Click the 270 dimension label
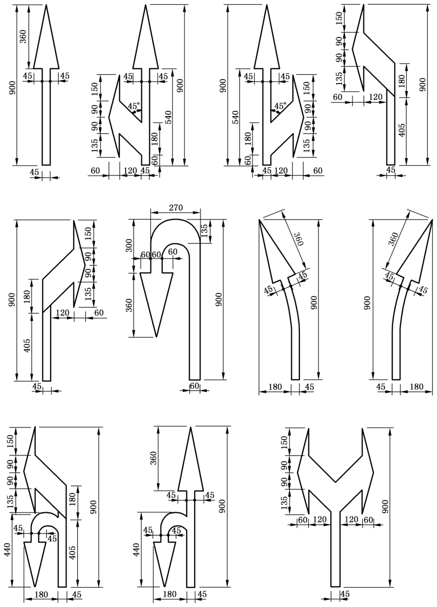pos(176,208)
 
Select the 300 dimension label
pos(130,245)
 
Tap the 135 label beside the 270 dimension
pos(204,230)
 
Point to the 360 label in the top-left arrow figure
pos(23,36)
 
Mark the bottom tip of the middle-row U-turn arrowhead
pos(157,337)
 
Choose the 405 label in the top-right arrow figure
pos(402,130)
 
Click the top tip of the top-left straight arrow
pos(46,4)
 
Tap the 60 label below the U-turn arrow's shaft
pos(195,385)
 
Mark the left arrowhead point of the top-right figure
pos(352,49)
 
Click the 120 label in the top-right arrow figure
pos(375,97)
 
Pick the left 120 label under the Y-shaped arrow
pos(320,519)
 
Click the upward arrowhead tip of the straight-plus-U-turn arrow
pos(191,427)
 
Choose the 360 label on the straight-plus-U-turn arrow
pos(153,458)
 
